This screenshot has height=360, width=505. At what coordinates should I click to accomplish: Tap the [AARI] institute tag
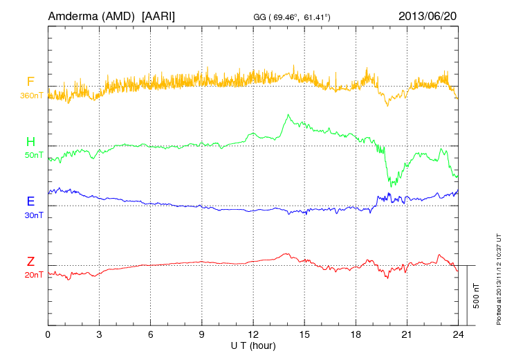[x=158, y=16]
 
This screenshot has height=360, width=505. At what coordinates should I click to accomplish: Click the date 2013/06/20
[x=427, y=16]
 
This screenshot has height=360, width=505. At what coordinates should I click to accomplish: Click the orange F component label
[x=30, y=82]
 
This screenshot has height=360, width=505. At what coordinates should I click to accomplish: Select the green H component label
[x=30, y=143]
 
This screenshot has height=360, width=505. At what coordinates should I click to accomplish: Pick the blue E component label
[x=30, y=202]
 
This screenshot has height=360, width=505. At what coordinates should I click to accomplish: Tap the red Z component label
[x=30, y=262]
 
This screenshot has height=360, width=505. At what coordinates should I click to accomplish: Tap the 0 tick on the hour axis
[x=48, y=334]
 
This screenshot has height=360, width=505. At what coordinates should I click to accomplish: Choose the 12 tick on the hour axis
[x=253, y=334]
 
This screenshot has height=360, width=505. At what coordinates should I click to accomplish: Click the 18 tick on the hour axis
[x=356, y=334]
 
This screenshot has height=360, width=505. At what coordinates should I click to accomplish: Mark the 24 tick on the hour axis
[x=458, y=334]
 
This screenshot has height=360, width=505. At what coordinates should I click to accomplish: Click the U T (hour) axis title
[x=253, y=345]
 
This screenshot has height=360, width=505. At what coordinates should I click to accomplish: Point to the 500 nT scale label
[x=476, y=296]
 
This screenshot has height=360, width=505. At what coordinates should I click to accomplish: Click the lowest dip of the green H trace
[x=392, y=186]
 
